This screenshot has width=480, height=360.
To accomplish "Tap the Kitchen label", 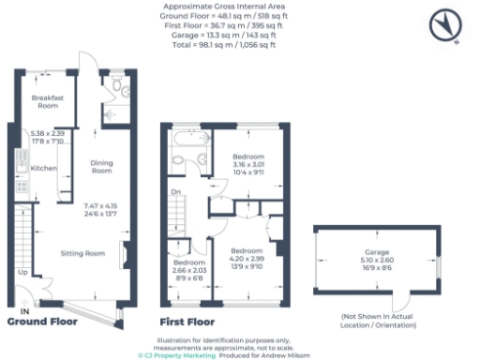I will point(44,168).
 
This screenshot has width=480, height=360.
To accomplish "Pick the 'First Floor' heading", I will point(188,322).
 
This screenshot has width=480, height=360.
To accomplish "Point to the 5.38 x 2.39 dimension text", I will point(46,134).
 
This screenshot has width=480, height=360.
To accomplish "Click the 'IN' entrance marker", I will point(25,311).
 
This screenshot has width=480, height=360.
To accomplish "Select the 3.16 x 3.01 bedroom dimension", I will point(247,164).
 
